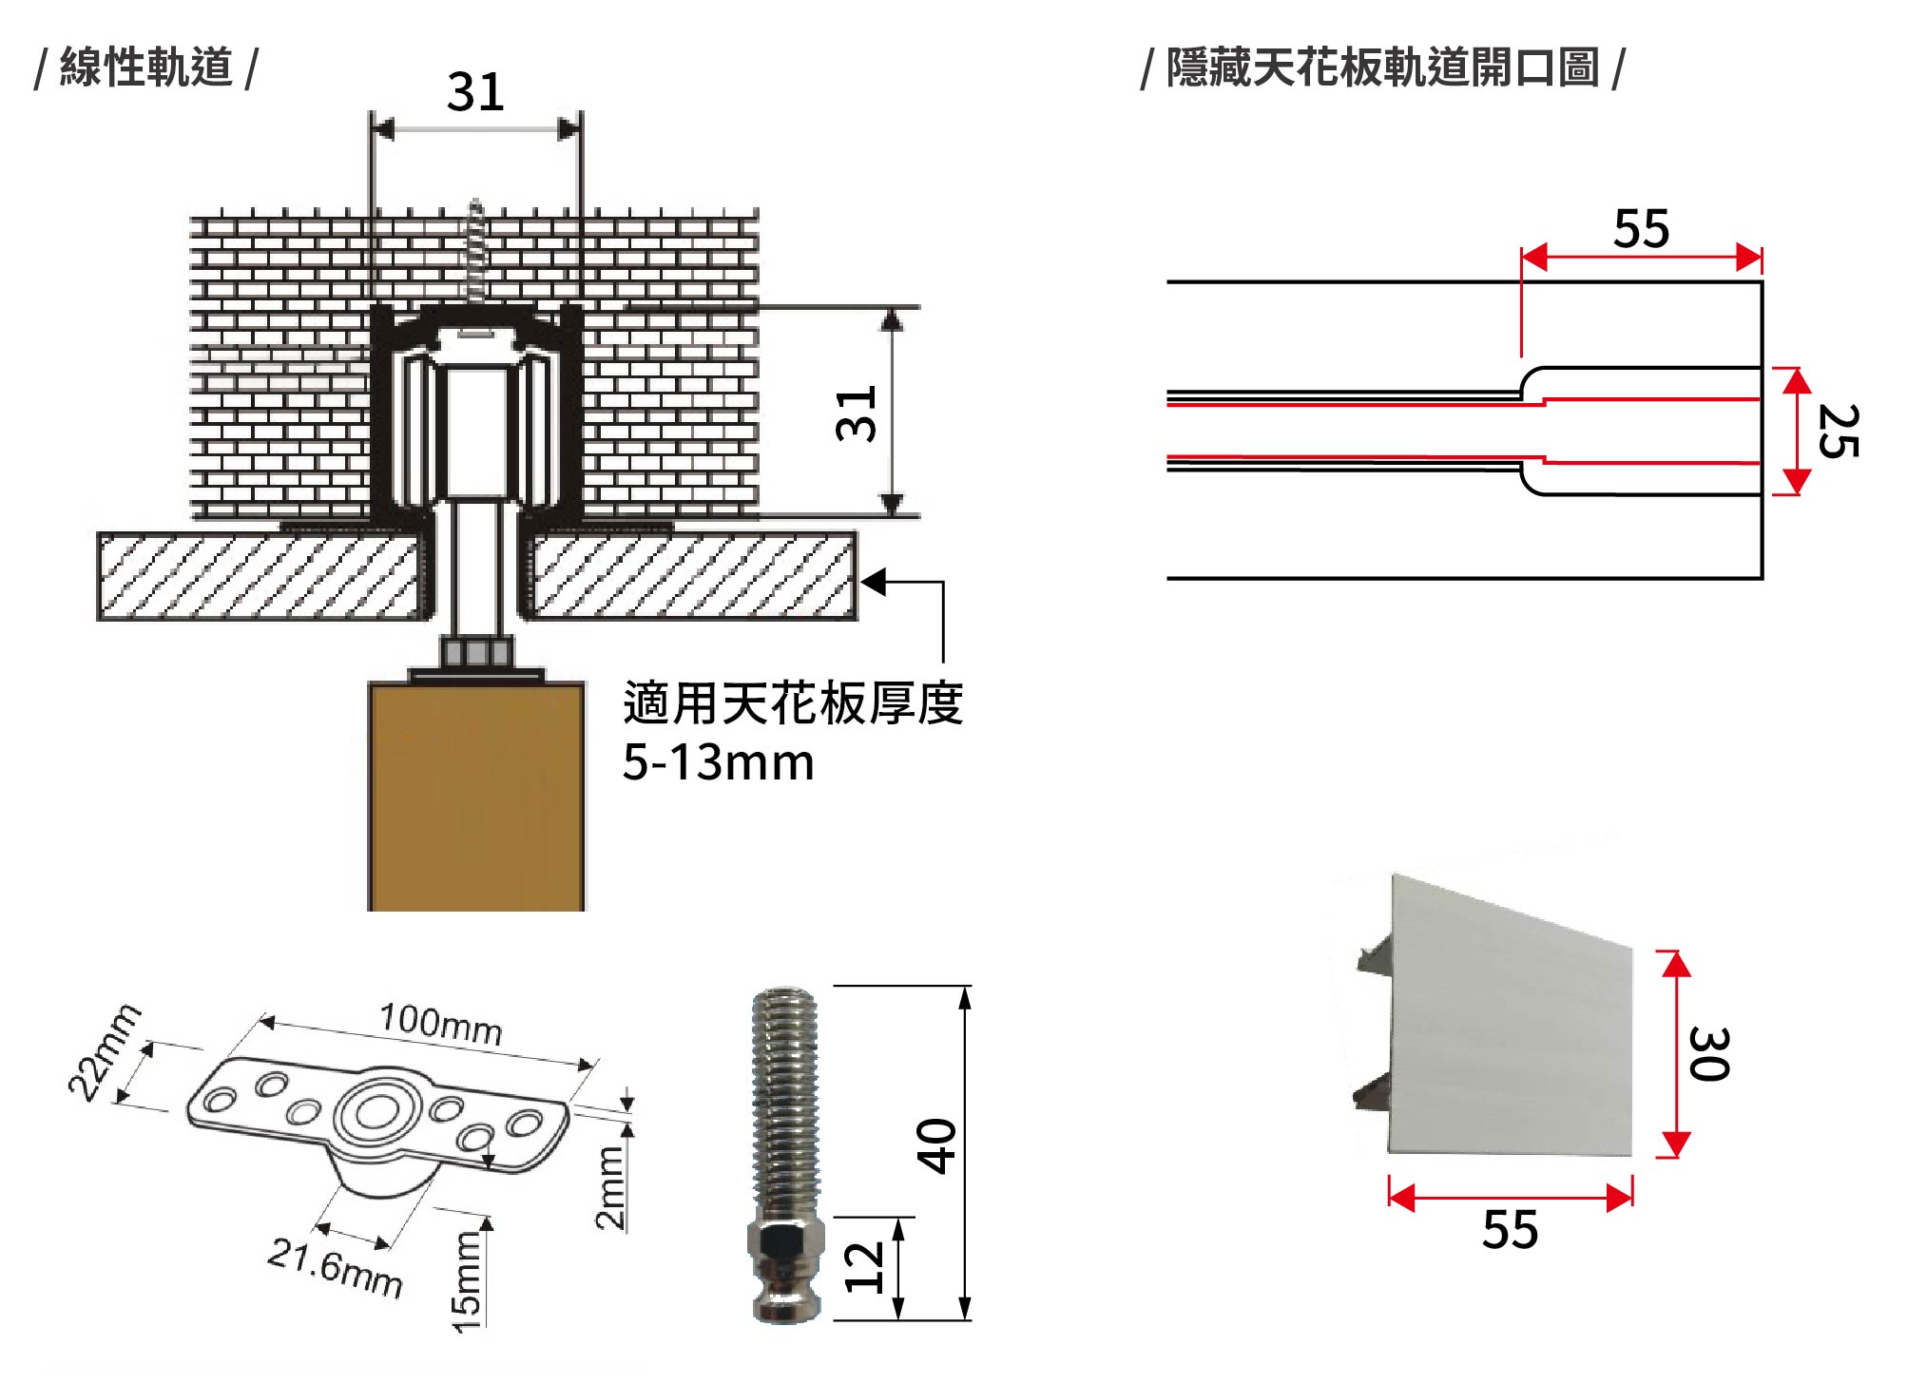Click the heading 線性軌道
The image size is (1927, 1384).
pyautogui.click(x=145, y=67)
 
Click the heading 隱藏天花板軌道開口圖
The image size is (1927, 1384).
pyautogui.click(x=1382, y=67)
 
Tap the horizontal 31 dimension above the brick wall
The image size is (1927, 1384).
pyautogui.click(x=475, y=93)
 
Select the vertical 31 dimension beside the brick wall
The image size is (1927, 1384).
pyautogui.click(x=857, y=413)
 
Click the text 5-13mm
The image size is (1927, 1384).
pyautogui.click(x=718, y=762)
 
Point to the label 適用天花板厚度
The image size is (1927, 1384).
pyautogui.click(x=793, y=703)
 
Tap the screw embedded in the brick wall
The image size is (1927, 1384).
pyautogui.click(x=473, y=252)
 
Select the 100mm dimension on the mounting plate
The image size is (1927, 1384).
pyautogui.click(x=440, y=1025)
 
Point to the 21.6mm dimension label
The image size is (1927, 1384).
pyautogui.click(x=335, y=1268)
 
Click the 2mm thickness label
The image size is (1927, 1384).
pyautogui.click(x=610, y=1188)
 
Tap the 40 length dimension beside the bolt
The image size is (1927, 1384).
pyautogui.click(x=936, y=1146)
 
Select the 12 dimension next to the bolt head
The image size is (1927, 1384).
pyautogui.click(x=864, y=1268)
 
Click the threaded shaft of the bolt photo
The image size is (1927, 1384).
pyautogui.click(x=784, y=1103)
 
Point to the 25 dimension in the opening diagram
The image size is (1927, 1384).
pyautogui.click(x=1838, y=431)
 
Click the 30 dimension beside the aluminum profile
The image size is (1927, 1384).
pyautogui.click(x=1708, y=1053)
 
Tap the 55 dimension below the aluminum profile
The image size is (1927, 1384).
pyautogui.click(x=1510, y=1230)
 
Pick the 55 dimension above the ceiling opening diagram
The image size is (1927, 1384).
pyautogui.click(x=1641, y=229)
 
